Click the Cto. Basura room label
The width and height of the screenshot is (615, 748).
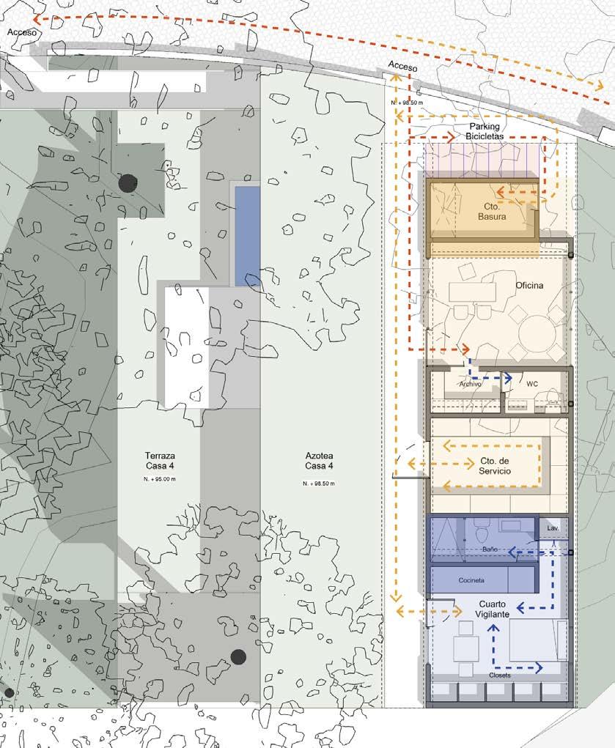(x=492, y=211)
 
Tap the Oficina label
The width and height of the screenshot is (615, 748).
(x=529, y=285)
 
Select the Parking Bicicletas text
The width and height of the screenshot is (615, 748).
(x=485, y=130)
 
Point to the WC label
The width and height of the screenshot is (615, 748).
(x=532, y=384)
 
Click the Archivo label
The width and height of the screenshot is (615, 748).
(x=471, y=384)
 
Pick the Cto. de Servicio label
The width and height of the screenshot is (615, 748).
(x=495, y=466)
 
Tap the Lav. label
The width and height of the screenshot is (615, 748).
(x=553, y=528)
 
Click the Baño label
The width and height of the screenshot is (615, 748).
(x=490, y=549)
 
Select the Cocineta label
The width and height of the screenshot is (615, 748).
(x=471, y=580)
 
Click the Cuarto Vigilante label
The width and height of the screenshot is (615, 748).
(x=493, y=610)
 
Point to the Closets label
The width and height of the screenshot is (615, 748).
(x=499, y=675)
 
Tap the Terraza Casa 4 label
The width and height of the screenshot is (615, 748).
(x=160, y=461)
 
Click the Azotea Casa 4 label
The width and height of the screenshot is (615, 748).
(x=319, y=461)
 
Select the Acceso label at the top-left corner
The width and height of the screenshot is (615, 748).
(x=22, y=32)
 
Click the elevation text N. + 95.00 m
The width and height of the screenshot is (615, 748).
(x=160, y=479)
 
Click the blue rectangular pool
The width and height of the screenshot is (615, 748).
(x=248, y=236)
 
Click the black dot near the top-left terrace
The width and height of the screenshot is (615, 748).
(x=128, y=183)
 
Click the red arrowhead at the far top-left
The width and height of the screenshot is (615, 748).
(x=37, y=19)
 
